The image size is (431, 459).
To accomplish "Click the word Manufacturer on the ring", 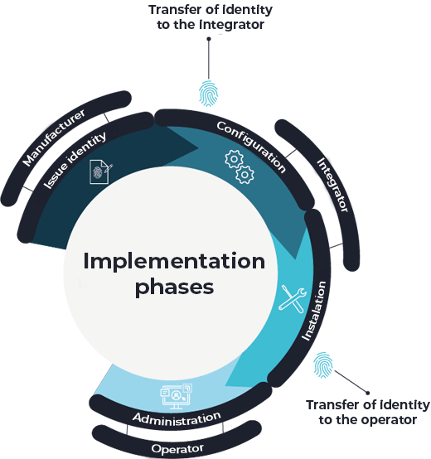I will coord(54,138).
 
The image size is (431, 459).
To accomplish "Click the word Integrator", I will coord(332,186).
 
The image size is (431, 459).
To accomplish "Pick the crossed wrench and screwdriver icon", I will coord(293,299).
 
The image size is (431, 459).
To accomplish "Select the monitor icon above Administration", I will coord(176,396).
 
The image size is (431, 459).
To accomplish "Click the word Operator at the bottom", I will coord(177,449).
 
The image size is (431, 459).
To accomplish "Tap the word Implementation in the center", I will coord(174,262).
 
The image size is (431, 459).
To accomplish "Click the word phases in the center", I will coord(174,287).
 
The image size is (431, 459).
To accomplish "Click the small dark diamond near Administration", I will coord(222,428).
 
